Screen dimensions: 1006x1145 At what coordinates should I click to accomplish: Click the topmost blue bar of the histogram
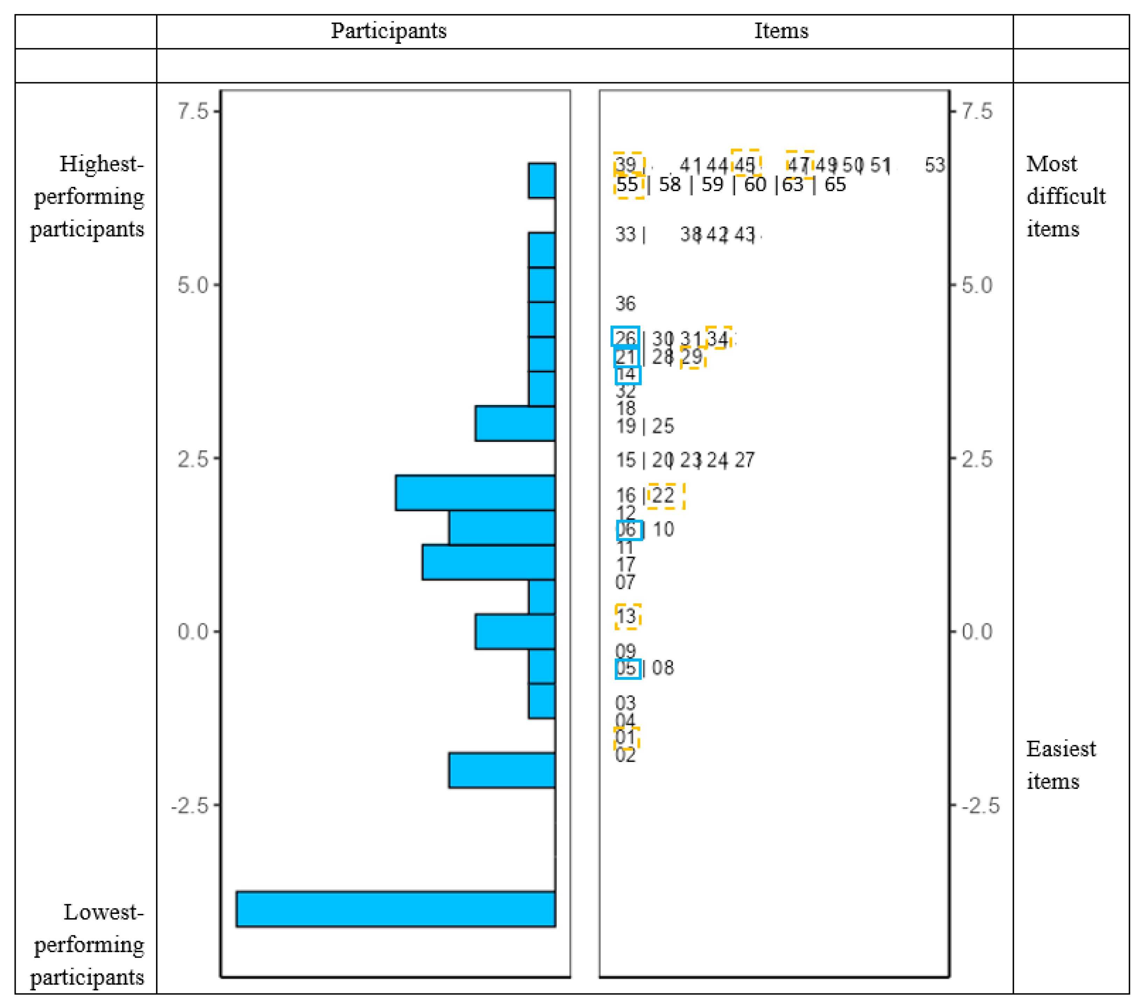point(542,181)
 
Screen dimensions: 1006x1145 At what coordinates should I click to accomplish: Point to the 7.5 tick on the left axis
point(193,111)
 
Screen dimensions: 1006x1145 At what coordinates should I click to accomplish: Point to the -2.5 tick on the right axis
point(980,805)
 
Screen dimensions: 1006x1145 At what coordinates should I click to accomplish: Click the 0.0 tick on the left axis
point(193,631)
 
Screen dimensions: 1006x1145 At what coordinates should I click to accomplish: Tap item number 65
point(835,184)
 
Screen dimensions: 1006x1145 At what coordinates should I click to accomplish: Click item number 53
point(934,165)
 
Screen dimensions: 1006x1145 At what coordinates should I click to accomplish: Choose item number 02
point(625,755)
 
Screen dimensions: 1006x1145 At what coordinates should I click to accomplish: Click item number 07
point(625,582)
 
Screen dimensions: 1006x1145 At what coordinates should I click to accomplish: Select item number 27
point(744,460)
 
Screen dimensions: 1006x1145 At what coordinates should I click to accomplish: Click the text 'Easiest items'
point(1060,765)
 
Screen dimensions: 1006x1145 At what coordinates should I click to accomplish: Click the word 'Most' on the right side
point(1052,164)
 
